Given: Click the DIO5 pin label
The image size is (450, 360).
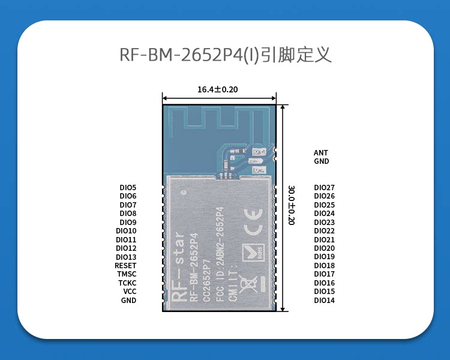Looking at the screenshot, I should [128, 188].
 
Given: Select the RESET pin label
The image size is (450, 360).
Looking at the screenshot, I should [125, 266].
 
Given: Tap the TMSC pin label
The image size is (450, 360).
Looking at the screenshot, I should [127, 274].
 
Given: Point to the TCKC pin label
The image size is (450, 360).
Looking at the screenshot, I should [127, 283].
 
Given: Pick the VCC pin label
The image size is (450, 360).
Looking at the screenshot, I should [130, 292].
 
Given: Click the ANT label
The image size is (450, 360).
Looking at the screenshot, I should [321, 153].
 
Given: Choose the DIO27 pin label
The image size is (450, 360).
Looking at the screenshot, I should [324, 188].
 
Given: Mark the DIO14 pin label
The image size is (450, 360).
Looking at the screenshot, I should [324, 301].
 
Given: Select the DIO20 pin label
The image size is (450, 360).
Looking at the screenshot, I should [324, 248].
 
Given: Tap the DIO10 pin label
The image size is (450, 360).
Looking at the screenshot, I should [126, 231].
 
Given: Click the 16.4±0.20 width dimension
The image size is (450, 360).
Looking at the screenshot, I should [218, 89].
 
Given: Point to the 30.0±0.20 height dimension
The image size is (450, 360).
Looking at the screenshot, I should [292, 205].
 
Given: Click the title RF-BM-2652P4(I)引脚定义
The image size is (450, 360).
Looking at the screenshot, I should [226, 55].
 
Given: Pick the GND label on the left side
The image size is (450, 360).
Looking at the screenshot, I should [128, 301].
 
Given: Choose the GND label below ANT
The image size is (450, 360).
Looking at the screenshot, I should [321, 161].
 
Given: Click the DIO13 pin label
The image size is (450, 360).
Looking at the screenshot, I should [126, 257].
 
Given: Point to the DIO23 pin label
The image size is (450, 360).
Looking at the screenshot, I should [324, 223].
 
